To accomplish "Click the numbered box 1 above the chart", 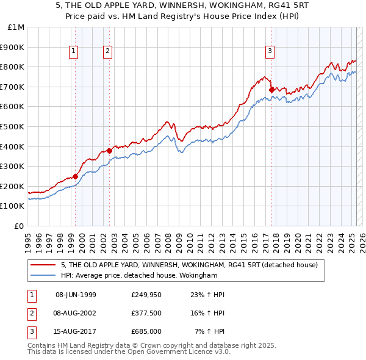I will coord(73,52).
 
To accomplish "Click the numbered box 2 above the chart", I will coord(107,52).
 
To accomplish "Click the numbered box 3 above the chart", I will coord(270,52).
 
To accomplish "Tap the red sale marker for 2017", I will coord(271,90).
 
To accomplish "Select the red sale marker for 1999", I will coord(76,176).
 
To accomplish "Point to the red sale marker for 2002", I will coord(109,151).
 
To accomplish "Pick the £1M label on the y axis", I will coord(16,27).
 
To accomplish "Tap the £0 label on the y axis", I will coord(19,226).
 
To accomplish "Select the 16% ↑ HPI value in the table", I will coord(207,312).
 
